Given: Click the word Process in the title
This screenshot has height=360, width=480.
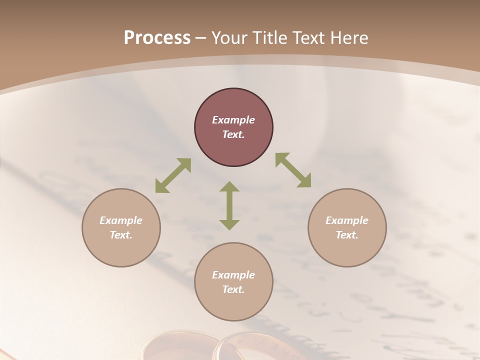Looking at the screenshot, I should click(x=157, y=38).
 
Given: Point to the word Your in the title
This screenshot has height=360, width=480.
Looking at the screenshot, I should click(x=229, y=38).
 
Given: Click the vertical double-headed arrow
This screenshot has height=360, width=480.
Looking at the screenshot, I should click(x=229, y=205).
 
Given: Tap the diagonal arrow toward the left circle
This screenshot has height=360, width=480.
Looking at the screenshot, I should click(x=173, y=175).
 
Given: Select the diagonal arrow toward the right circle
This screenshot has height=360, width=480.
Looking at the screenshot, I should click(x=293, y=170).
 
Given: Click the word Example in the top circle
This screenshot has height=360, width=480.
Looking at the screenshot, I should click(x=233, y=120).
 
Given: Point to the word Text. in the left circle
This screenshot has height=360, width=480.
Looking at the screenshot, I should click(x=121, y=235).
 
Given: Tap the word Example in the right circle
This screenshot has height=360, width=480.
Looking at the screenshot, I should click(x=347, y=220).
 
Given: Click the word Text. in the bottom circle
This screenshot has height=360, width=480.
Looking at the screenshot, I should click(x=233, y=289).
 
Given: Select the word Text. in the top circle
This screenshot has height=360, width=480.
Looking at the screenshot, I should click(x=233, y=134).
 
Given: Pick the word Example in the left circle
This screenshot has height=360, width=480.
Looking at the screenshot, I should click(x=121, y=220).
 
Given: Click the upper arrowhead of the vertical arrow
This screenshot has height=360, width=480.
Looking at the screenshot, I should click(x=229, y=187).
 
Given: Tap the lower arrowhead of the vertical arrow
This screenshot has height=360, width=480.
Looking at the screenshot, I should click(x=229, y=224).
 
